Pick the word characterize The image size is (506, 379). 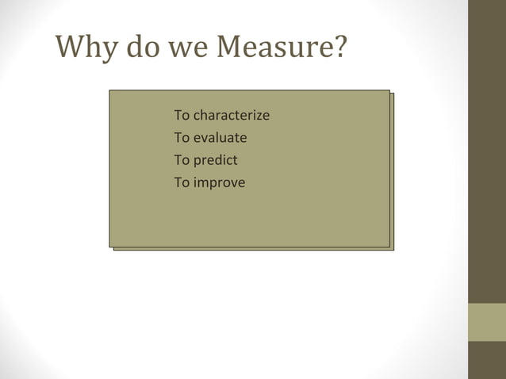coord(232,116)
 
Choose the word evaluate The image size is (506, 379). coord(220,138)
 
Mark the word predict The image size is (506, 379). coord(216,160)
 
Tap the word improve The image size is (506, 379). coord(220,183)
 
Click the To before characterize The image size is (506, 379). coord(182,116)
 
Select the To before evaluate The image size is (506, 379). coord(182,138)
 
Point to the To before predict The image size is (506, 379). coord(182,160)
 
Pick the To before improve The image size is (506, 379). coord(182,183)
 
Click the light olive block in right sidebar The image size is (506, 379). coord(486,322)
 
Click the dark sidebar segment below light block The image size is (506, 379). coord(486,360)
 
